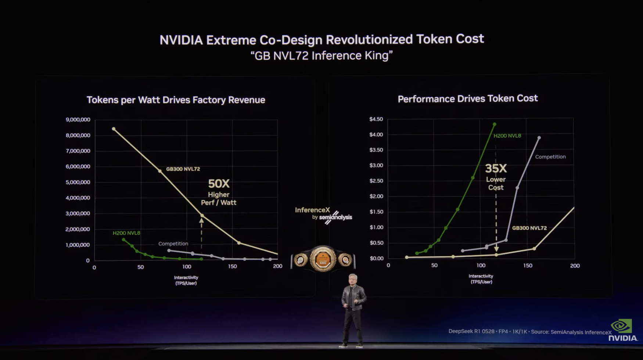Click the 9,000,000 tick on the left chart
tap(78, 120)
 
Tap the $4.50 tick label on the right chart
tap(376, 119)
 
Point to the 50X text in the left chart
tap(219, 184)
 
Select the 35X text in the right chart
tap(496, 169)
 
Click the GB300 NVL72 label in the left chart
tap(183, 169)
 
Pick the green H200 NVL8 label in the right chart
tap(507, 136)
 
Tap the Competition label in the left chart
tap(173, 244)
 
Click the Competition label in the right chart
tap(550, 157)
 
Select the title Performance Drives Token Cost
tap(467, 98)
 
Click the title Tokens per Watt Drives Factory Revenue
tap(176, 100)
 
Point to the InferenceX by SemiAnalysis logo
tap(323, 215)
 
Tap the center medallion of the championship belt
tap(323, 259)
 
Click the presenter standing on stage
tap(353, 309)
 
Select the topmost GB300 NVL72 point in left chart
tap(114, 129)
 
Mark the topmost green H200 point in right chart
tap(495, 125)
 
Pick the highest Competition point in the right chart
tap(539, 138)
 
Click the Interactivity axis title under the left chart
tap(186, 280)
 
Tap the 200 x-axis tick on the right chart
tap(575, 266)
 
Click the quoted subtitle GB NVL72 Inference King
tap(321, 56)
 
